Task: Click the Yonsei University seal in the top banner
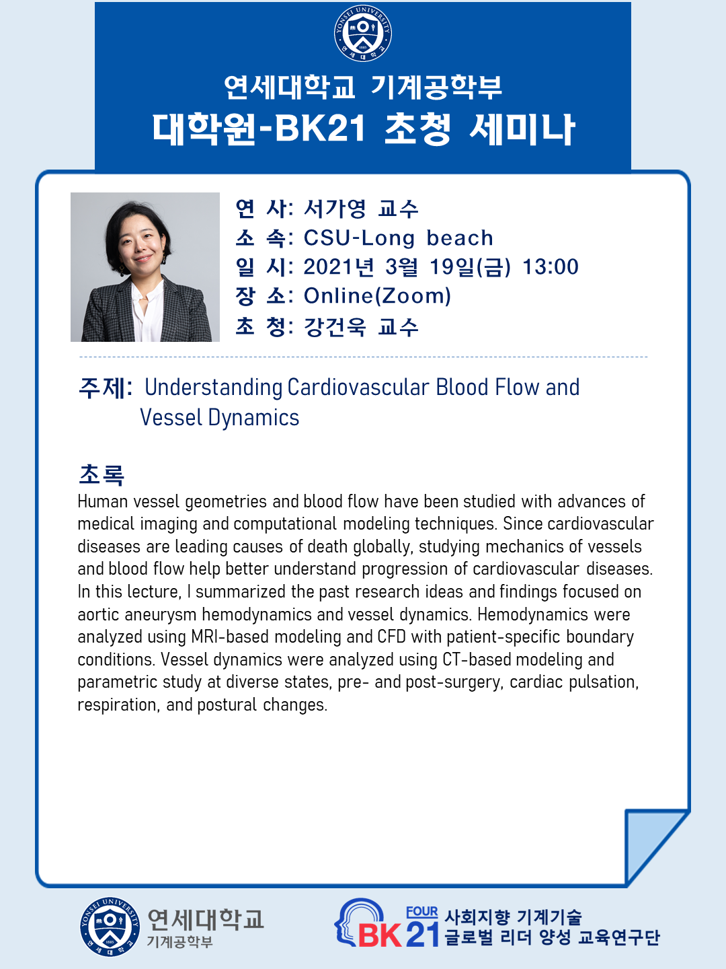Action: (363, 33)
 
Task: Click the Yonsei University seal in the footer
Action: (110, 926)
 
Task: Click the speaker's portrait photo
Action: (145, 266)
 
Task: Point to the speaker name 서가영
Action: (335, 209)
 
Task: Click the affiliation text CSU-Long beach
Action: (399, 238)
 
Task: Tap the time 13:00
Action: (551, 266)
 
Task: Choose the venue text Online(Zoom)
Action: (378, 296)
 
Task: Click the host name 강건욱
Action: (335, 326)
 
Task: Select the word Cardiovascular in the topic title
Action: (358, 387)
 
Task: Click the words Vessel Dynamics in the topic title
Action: (220, 417)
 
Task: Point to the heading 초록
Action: (102, 474)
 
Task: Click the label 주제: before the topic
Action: (106, 388)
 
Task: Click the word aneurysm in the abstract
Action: (161, 614)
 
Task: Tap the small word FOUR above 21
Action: (422, 912)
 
